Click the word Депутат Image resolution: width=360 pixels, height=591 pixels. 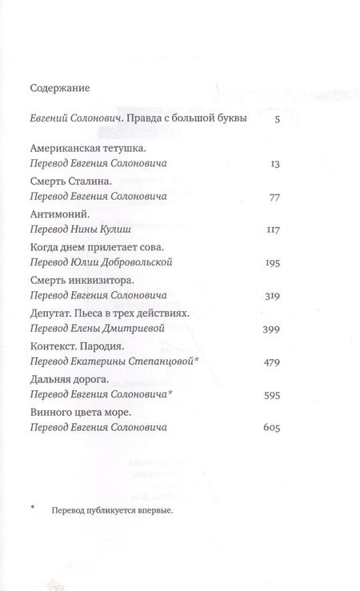51,315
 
